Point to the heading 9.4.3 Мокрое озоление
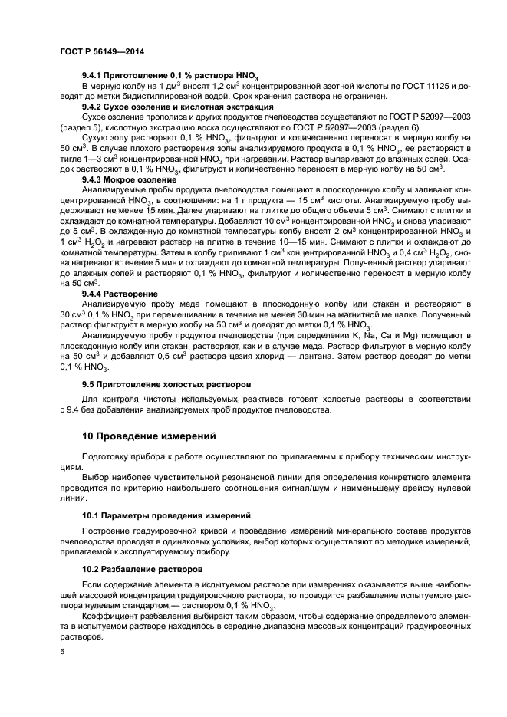point(129,177)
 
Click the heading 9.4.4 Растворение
point(120,294)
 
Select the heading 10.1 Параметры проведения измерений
point(161,515)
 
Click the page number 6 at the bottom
point(61,651)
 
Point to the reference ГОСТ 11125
point(430,87)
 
